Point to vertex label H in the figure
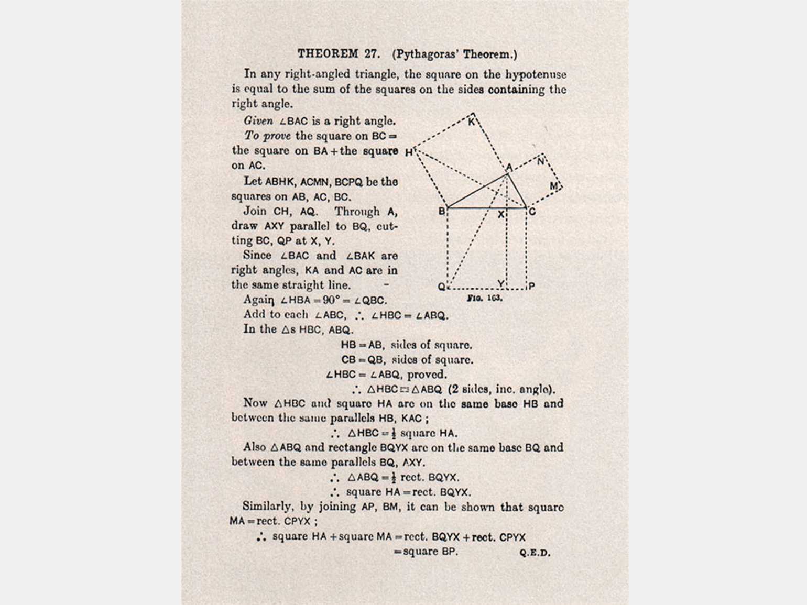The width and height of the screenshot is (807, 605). click(x=408, y=153)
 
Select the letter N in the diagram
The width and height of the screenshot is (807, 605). click(x=541, y=162)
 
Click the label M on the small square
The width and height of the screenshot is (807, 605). click(x=553, y=186)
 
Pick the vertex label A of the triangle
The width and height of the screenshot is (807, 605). click(x=508, y=168)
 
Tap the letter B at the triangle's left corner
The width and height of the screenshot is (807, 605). click(x=441, y=212)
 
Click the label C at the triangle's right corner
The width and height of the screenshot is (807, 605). click(x=532, y=212)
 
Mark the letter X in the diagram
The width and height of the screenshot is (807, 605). click(x=500, y=215)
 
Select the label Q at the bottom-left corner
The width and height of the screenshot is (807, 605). click(x=441, y=287)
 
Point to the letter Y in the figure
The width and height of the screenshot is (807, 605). click(x=501, y=284)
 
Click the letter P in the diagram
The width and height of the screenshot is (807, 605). click(x=532, y=287)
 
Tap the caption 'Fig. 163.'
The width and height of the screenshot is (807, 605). click(x=485, y=298)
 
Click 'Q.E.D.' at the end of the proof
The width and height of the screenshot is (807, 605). click(x=535, y=553)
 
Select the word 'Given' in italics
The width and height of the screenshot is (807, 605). click(x=258, y=121)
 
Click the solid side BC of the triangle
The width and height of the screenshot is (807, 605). click(x=485, y=208)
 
